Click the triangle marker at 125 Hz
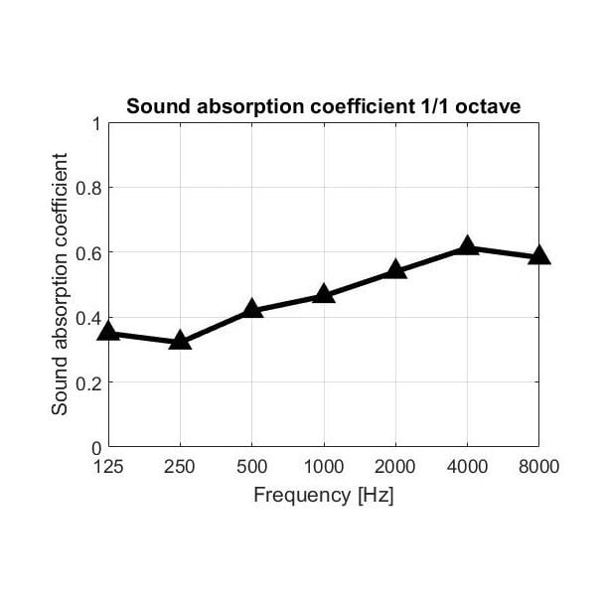(108, 332)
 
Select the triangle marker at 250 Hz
(180, 341)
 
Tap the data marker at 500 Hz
(251, 310)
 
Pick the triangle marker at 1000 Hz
(324, 294)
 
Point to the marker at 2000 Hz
(395, 269)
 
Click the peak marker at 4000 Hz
(467, 246)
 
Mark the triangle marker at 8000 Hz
(539, 255)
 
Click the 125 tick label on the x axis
(108, 466)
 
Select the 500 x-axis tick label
(251, 466)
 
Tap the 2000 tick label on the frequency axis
(395, 466)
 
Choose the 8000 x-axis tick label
(539, 466)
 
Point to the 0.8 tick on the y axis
(89, 188)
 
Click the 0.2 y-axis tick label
(89, 382)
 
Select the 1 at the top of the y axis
(96, 123)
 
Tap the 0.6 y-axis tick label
(89, 252)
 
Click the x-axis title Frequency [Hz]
(324, 495)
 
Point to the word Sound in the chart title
(149, 106)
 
